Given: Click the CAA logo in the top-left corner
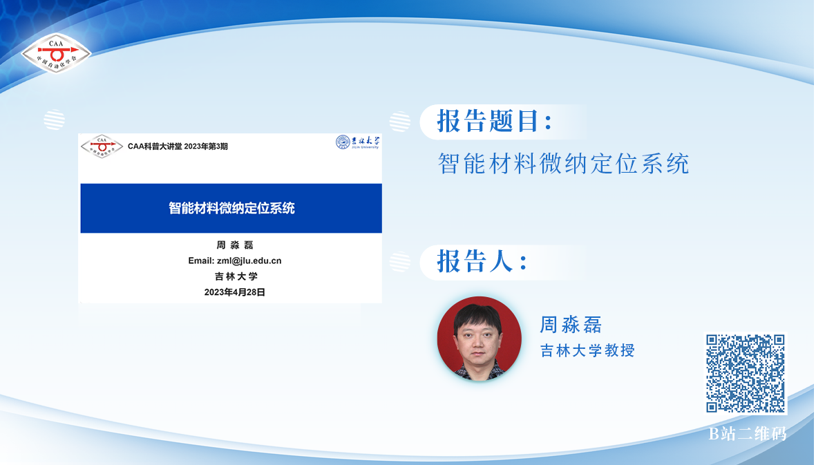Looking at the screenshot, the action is pyautogui.click(x=56, y=53).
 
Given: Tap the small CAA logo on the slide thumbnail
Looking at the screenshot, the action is pyautogui.click(x=102, y=146).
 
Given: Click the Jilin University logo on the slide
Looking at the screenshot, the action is pyautogui.click(x=358, y=142).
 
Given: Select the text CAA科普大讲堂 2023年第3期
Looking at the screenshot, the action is pyautogui.click(x=178, y=146).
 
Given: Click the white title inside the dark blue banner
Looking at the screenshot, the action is pyautogui.click(x=231, y=208).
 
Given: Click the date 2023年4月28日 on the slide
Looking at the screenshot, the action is pyautogui.click(x=235, y=292).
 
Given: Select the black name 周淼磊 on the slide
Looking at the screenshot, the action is pyautogui.click(x=235, y=245).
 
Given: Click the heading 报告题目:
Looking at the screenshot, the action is pyautogui.click(x=495, y=121).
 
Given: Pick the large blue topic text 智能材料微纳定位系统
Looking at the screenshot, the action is pyautogui.click(x=564, y=164).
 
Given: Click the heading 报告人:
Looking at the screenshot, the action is pyautogui.click(x=482, y=261).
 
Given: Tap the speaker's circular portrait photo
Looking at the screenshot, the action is pyautogui.click(x=480, y=338).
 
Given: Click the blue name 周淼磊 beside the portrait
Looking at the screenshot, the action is pyautogui.click(x=571, y=325).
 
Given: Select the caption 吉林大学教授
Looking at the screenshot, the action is pyautogui.click(x=587, y=350).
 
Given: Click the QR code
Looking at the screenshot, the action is pyautogui.click(x=746, y=374).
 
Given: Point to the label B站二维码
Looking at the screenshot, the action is pyautogui.click(x=748, y=433).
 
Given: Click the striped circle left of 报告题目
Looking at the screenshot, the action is pyautogui.click(x=399, y=121).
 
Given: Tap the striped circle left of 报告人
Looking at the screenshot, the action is pyautogui.click(x=399, y=262).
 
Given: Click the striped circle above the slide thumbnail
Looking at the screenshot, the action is pyautogui.click(x=54, y=120).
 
